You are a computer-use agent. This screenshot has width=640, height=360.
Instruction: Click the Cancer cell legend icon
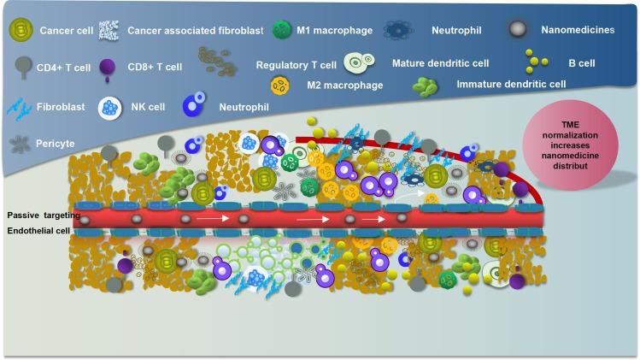tap(20, 31)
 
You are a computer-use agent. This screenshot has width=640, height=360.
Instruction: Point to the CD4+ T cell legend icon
tap(21, 65)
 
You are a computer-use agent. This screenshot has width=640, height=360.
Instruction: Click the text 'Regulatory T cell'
tap(295, 64)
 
